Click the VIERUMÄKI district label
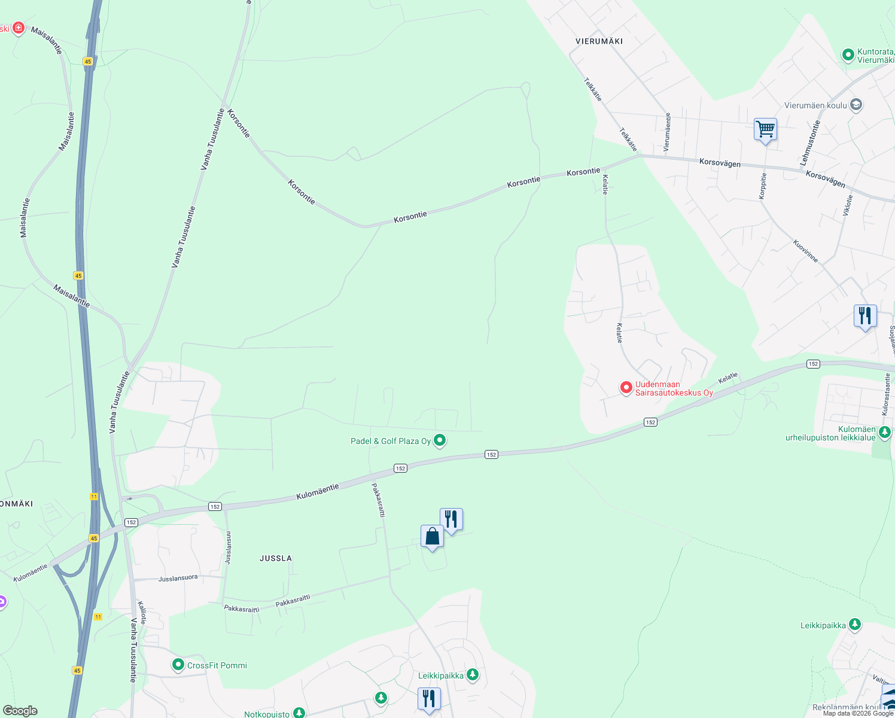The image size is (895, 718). (599, 41)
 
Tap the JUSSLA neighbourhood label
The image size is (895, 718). (276, 558)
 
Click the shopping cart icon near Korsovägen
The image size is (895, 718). (765, 129)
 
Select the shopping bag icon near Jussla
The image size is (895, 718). (432, 537)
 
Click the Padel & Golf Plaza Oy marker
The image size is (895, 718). (440, 441)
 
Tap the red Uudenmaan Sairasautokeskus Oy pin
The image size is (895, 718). (626, 388)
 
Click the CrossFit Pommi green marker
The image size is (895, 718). (178, 665)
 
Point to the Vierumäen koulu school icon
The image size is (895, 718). (856, 105)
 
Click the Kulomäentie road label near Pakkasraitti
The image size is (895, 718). (318, 492)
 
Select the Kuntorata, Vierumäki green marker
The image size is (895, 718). (848, 55)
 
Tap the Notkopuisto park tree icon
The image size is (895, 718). (299, 713)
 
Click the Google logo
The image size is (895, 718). (20, 711)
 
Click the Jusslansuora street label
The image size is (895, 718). (178, 579)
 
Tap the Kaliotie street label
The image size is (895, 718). (142, 613)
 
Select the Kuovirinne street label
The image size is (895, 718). (805, 251)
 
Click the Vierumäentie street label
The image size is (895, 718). (668, 132)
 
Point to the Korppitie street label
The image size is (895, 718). (763, 185)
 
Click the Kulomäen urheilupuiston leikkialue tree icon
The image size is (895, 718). (885, 432)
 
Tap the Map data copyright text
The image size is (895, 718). (858, 713)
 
